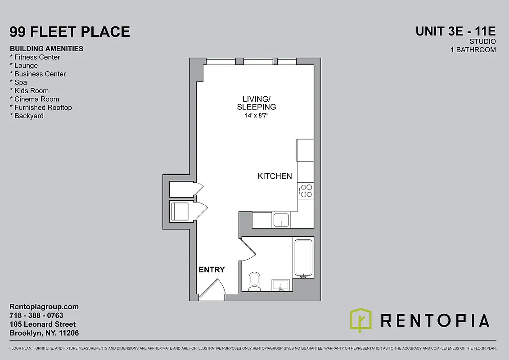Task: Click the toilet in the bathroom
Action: (254, 281)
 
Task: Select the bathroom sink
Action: (282, 284)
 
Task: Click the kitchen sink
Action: (282, 220)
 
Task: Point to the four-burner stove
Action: (306, 191)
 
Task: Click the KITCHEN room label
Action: (275, 176)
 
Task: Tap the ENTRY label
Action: (212, 270)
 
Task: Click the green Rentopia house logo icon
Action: (361, 320)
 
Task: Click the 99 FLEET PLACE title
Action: (70, 32)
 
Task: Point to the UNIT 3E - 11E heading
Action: (455, 31)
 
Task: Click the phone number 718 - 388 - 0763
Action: (36, 315)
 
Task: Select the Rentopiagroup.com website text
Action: (44, 307)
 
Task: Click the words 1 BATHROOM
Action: (473, 50)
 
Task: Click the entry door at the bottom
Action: (212, 288)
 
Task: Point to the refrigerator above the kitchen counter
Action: (305, 150)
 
